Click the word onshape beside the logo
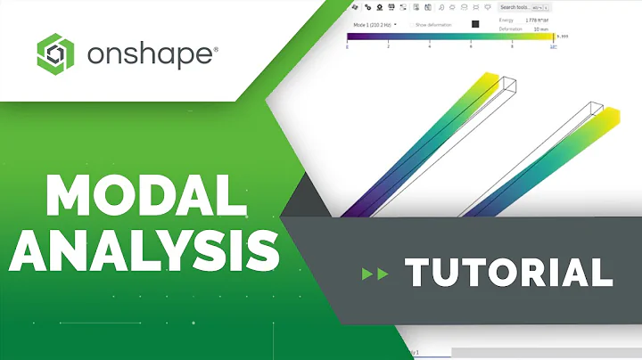(152, 55)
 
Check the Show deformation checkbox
(435, 24)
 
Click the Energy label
(506, 18)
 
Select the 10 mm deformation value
(541, 29)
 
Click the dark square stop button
(475, 24)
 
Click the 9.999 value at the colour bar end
(564, 37)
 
